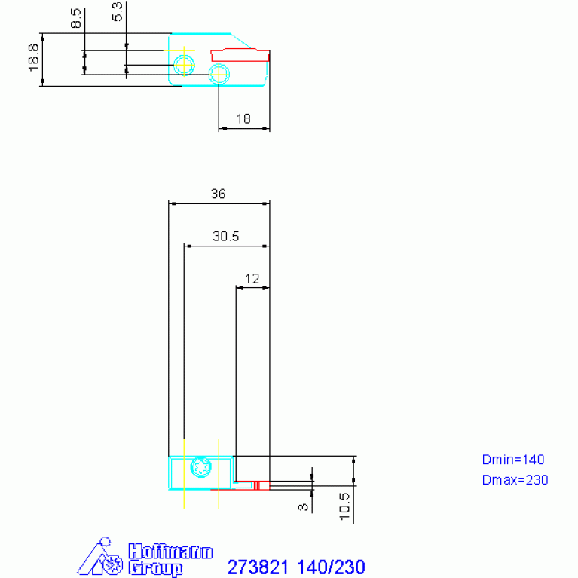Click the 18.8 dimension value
coord(34,58)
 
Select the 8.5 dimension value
coord(75,18)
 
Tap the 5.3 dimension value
coord(117,12)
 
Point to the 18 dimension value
coord(243,119)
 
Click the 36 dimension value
coord(218,194)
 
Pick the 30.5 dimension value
coord(225,236)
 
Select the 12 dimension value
coord(252,278)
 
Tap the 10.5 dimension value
coord(344,506)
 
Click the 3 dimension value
coord(303,507)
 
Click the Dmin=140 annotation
coord(512,460)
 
